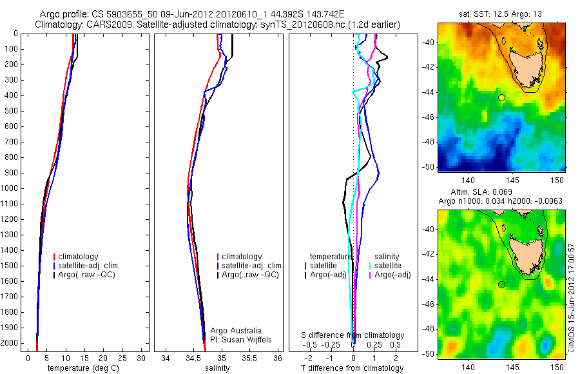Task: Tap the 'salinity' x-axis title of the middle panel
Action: pyautogui.click(x=216, y=368)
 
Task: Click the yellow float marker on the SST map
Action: pyautogui.click(x=501, y=97)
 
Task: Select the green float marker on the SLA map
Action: pyautogui.click(x=501, y=284)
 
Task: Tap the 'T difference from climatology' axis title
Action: pyautogui.click(x=353, y=368)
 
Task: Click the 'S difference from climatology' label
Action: pyautogui.click(x=353, y=335)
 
